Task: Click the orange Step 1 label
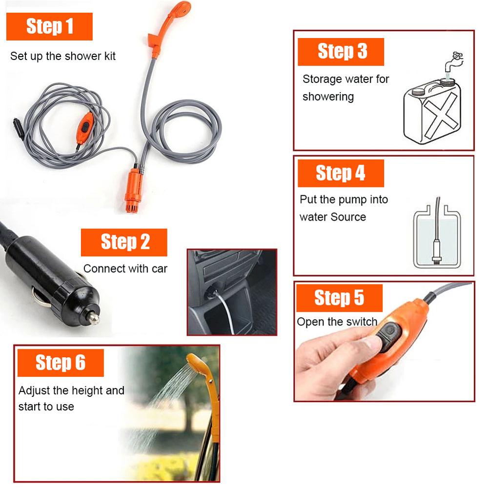(x=49, y=26)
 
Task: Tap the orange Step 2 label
(x=124, y=242)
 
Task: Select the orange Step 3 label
(x=341, y=51)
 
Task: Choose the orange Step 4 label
(x=340, y=173)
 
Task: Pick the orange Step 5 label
(x=339, y=298)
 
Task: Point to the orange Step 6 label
(x=60, y=363)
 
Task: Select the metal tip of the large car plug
(x=90, y=317)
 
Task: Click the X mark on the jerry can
(x=442, y=115)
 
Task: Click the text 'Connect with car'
(x=125, y=268)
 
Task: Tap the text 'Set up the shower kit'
(x=63, y=56)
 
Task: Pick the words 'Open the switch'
(x=337, y=322)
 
